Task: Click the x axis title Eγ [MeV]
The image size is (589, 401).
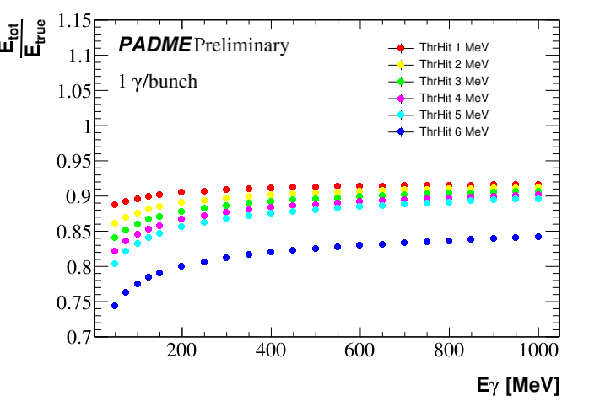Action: click(516, 386)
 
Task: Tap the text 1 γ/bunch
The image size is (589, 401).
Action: click(158, 83)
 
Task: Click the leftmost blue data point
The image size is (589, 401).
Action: click(115, 306)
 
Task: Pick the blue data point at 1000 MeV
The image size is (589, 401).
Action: click(538, 237)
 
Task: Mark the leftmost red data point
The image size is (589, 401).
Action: click(115, 205)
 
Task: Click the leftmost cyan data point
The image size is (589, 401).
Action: click(115, 264)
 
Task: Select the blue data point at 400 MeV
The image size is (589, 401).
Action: click(271, 252)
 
